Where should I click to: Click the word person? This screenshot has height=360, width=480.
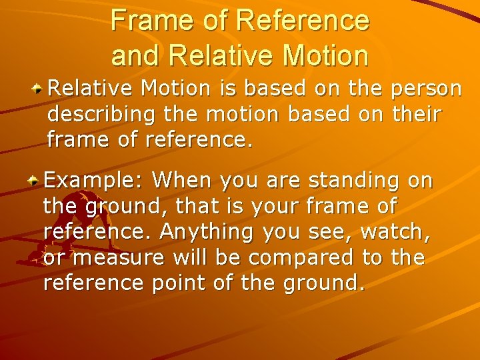[426, 89]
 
